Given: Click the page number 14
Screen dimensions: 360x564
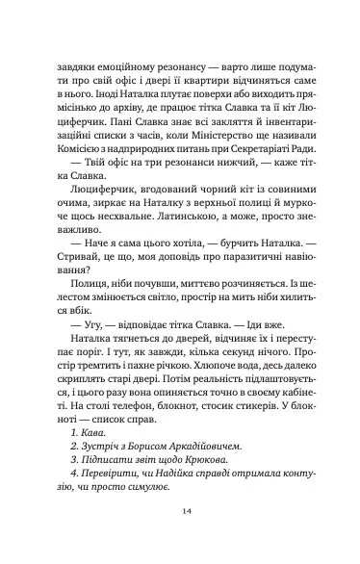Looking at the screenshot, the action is click(x=179, y=514).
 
